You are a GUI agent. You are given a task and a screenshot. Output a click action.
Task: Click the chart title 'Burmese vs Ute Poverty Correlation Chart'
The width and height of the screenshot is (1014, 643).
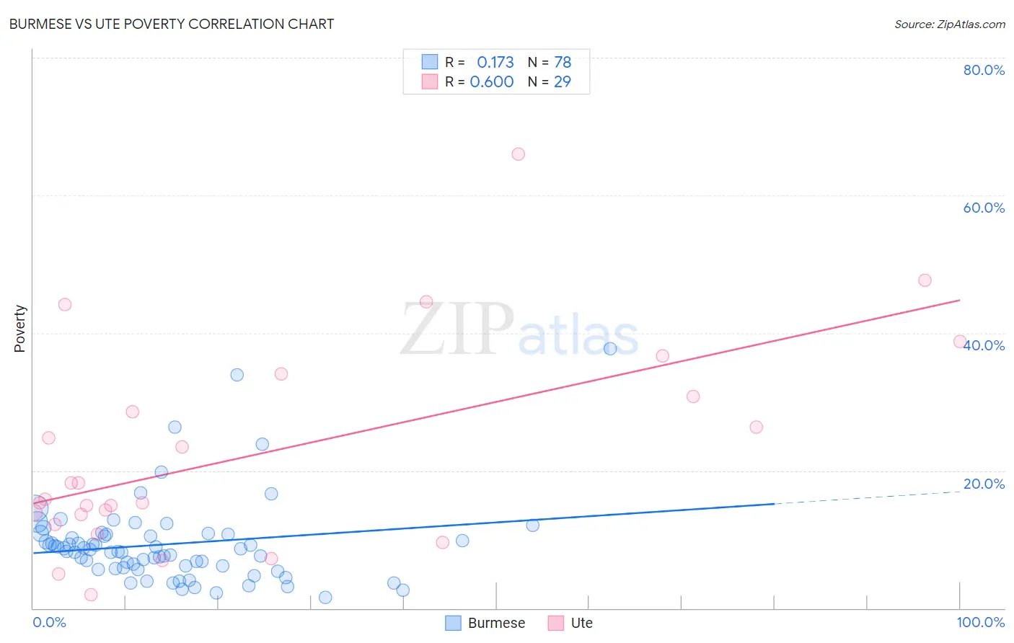click(172, 24)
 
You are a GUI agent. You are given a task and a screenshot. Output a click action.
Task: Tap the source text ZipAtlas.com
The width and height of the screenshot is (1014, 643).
click(949, 24)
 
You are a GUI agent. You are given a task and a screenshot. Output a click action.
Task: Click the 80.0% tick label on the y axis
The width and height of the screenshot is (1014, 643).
click(984, 70)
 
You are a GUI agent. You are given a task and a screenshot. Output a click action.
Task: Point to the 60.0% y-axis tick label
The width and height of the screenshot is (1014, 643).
click(984, 208)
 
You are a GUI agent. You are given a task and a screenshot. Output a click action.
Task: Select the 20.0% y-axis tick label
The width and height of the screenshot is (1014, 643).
click(984, 484)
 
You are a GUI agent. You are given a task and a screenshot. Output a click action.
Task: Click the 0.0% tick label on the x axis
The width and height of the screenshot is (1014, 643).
click(49, 622)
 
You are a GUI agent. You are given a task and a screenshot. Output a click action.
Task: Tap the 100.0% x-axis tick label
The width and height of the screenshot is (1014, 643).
click(980, 622)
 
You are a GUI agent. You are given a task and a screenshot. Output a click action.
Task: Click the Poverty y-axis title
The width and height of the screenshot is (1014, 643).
click(19, 329)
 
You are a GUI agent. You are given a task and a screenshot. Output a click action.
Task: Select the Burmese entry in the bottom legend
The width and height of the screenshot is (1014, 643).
click(485, 623)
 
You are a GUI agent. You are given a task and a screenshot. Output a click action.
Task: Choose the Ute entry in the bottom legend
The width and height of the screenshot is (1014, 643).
click(570, 623)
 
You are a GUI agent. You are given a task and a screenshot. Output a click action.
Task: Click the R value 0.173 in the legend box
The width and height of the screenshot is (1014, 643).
click(495, 62)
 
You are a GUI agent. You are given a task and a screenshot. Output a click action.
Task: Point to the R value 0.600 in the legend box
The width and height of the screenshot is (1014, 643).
click(492, 81)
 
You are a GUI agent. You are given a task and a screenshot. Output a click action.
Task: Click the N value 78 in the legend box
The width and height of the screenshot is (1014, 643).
click(563, 62)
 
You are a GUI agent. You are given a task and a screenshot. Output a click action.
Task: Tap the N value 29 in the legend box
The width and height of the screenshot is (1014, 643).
click(563, 81)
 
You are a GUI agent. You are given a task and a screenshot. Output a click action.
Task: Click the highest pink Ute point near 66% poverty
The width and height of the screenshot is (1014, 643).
click(518, 154)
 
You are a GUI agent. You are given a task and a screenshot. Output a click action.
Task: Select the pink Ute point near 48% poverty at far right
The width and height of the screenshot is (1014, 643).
click(925, 280)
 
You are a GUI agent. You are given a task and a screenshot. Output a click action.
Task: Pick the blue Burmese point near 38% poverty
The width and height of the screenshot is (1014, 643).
click(610, 349)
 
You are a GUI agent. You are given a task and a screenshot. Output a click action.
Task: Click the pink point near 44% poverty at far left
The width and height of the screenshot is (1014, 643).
click(65, 304)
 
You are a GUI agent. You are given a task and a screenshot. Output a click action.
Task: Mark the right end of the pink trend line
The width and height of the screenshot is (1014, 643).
click(959, 300)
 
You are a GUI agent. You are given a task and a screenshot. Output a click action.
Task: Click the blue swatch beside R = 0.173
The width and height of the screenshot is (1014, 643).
click(430, 62)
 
